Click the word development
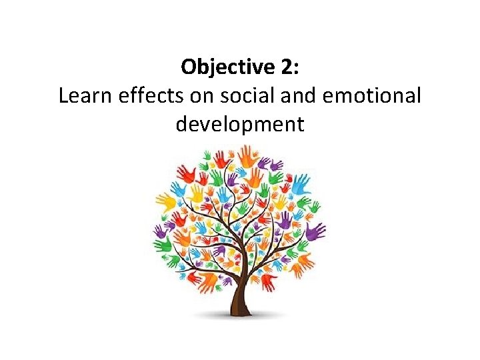240,125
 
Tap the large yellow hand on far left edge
165,201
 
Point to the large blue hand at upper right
301,181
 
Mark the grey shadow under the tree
240,318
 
